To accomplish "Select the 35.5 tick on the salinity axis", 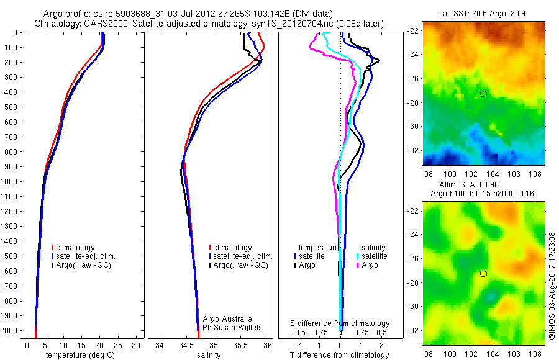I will click(x=240, y=344).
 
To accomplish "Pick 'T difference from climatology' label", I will click(x=340, y=355).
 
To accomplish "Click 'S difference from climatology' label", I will click(x=340, y=323).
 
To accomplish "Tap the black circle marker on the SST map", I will click(x=483, y=94).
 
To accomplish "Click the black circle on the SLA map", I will click(x=483, y=274).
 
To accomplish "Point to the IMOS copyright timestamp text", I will click(x=552, y=285).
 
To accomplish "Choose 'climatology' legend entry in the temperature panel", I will click(x=78, y=248).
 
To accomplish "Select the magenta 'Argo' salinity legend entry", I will click(x=369, y=265).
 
